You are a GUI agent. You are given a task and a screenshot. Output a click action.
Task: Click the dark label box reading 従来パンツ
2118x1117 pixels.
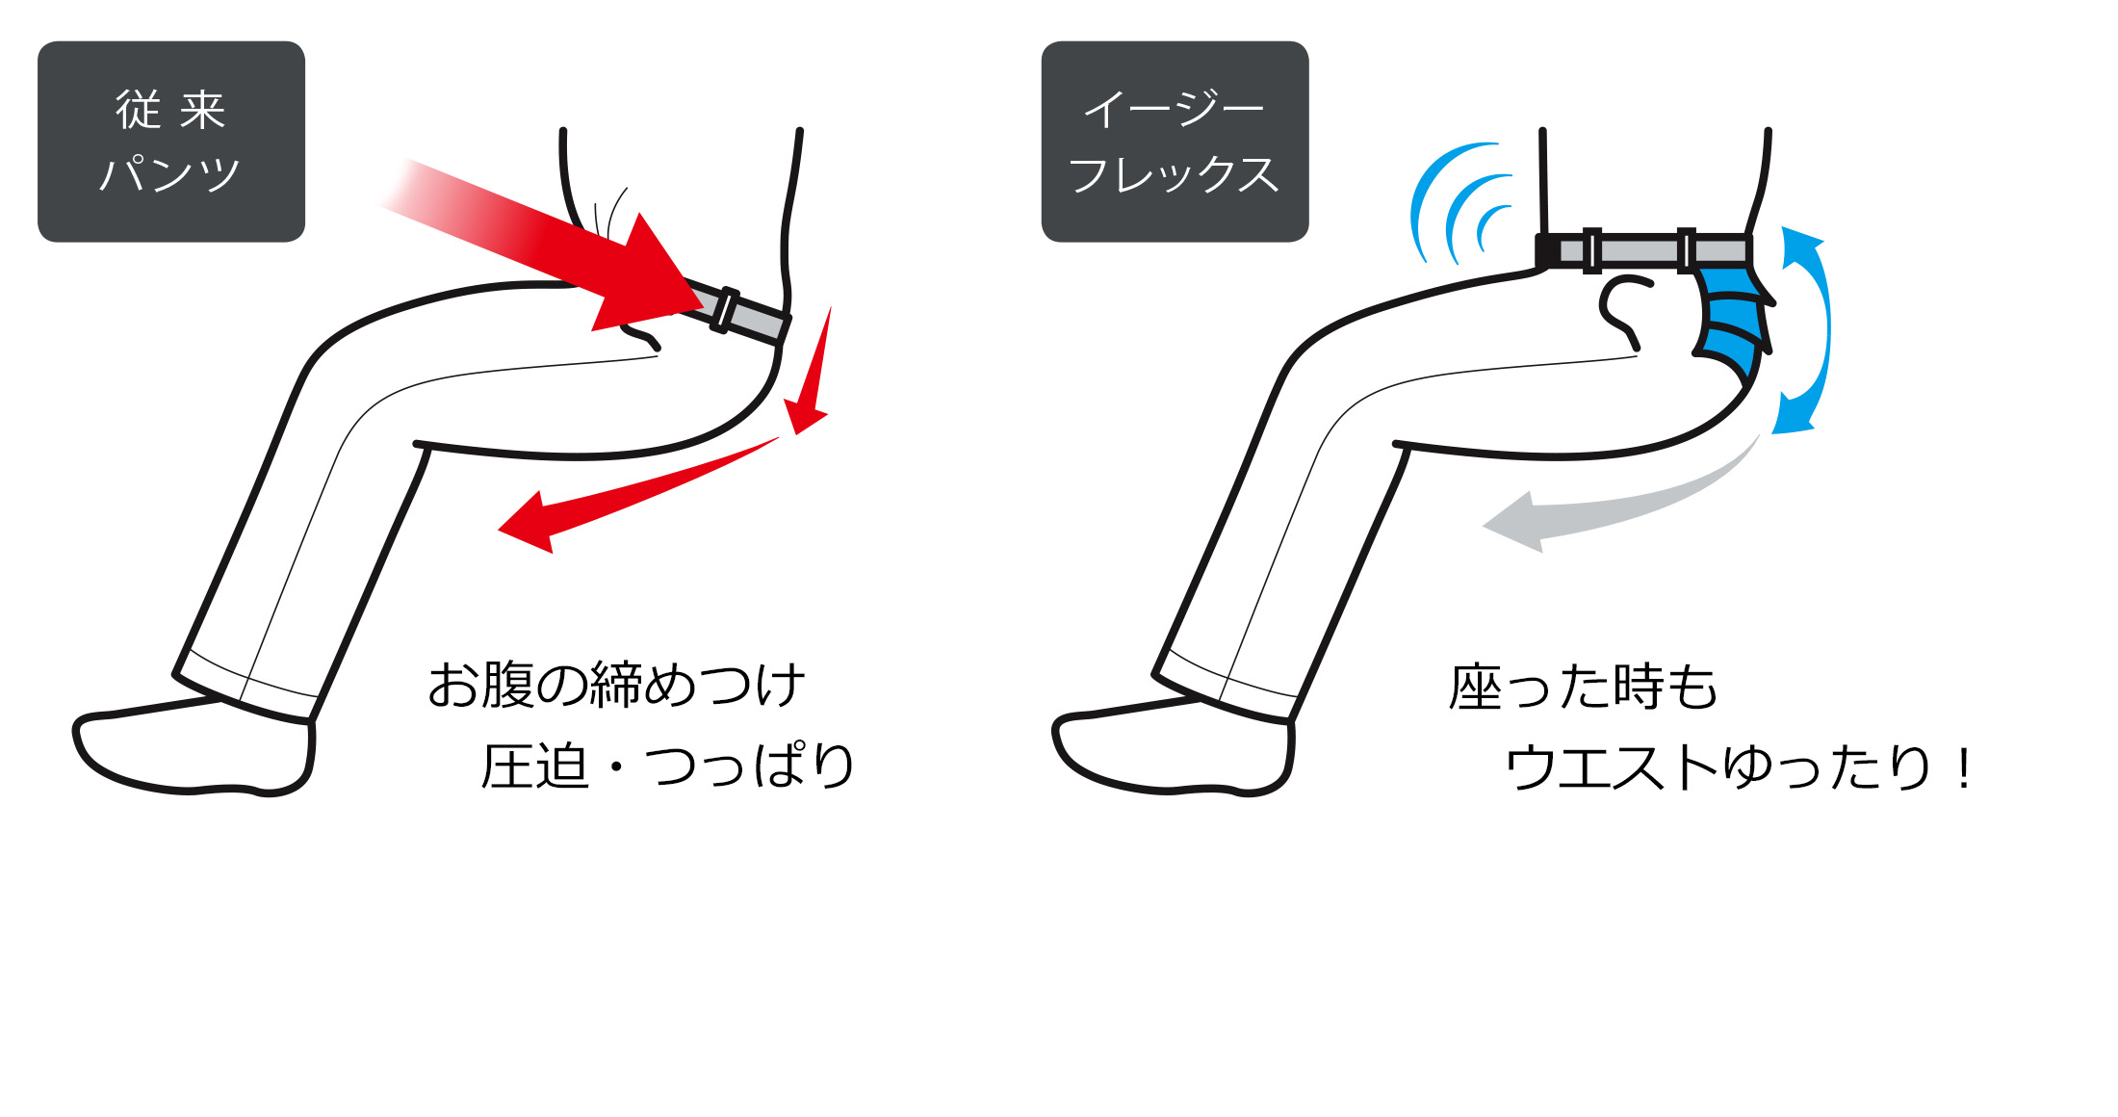(x=171, y=142)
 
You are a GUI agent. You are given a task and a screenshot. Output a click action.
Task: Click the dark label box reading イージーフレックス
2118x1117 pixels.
(x=1175, y=142)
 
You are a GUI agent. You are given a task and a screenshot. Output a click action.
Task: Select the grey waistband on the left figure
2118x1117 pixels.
(x=736, y=310)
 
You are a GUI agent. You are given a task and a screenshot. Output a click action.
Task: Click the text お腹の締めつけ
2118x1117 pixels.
(x=616, y=685)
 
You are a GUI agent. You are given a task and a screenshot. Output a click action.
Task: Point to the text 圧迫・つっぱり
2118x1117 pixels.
(x=667, y=766)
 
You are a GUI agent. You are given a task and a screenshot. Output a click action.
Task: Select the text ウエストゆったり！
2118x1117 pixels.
(x=1738, y=767)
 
